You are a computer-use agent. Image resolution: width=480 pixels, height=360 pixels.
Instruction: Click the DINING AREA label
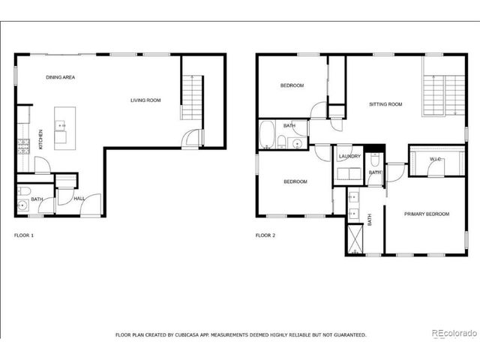coord(60,77)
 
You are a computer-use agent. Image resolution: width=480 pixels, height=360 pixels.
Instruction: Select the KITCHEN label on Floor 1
coord(40,139)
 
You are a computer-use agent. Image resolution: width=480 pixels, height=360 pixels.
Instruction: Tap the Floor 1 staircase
coord(192,97)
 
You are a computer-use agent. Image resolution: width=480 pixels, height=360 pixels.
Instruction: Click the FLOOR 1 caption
coord(24,235)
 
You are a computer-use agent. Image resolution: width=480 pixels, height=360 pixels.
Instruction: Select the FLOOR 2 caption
coord(265,235)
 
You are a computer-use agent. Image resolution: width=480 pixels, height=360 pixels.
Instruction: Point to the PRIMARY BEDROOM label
coord(427,214)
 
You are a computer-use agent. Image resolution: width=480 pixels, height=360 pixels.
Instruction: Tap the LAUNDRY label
coord(349,157)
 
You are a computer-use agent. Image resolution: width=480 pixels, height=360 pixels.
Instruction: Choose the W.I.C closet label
coord(435,159)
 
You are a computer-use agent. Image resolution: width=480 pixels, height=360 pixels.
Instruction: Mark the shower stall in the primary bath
coord(355,238)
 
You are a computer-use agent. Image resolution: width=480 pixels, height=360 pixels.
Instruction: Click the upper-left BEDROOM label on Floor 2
coord(292,85)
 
